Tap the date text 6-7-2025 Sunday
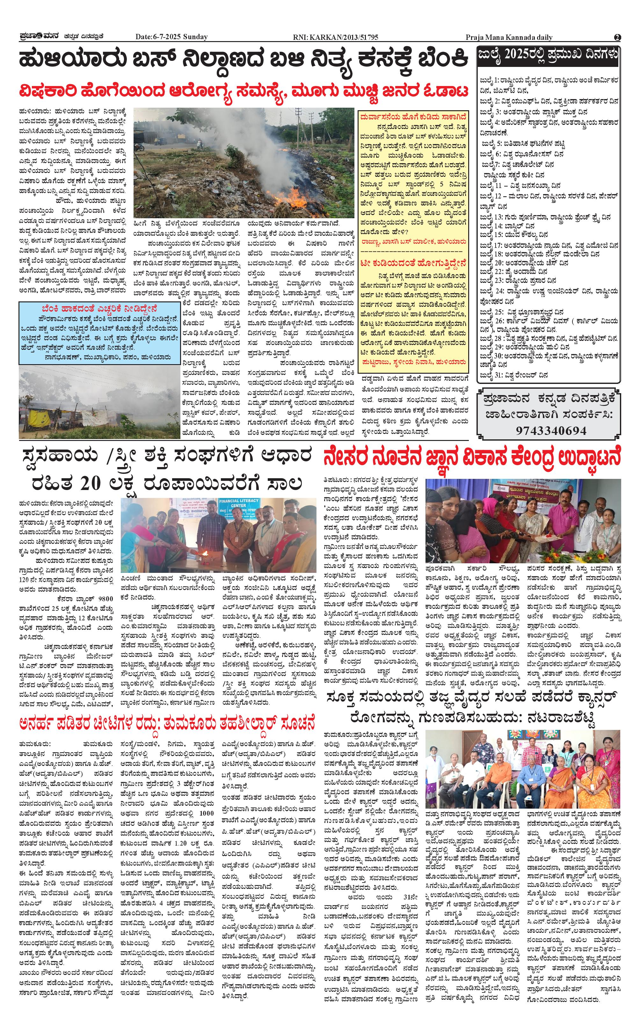click(171, 37)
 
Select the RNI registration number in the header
click(335, 37)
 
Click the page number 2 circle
click(617, 37)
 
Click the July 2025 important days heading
click(549, 54)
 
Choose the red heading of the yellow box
click(413, 116)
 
